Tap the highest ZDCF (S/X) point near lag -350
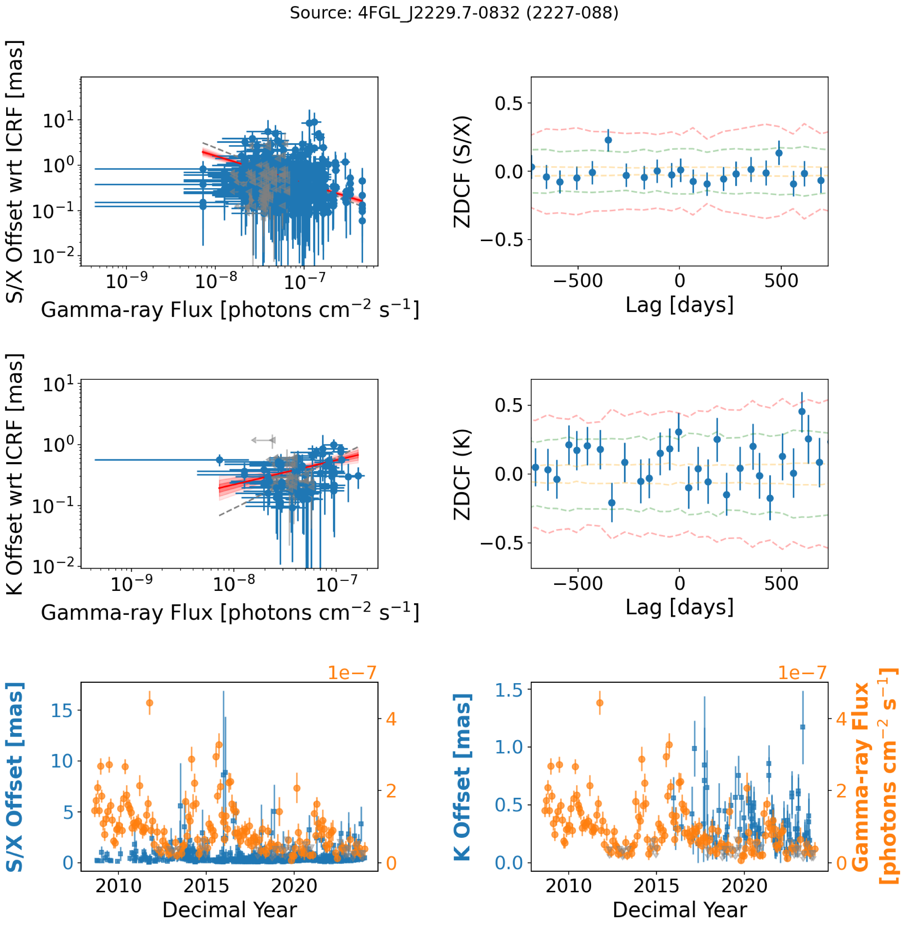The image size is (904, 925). [608, 140]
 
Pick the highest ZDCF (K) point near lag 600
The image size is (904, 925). [802, 411]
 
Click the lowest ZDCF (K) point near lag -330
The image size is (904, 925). [612, 503]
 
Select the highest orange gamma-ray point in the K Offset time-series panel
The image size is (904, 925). [600, 703]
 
